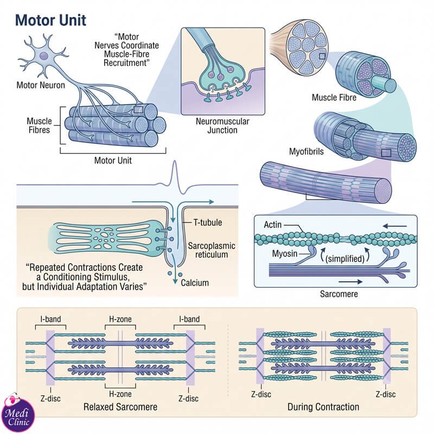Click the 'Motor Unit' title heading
[x=50, y=20]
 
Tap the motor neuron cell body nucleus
[x=44, y=56]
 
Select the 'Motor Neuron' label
[x=41, y=85]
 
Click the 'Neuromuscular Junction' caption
[x=222, y=126]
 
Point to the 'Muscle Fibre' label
[x=334, y=98]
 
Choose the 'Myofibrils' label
[x=306, y=151]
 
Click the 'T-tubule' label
[x=208, y=222]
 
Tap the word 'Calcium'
[x=195, y=283]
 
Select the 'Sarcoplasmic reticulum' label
[x=212, y=250]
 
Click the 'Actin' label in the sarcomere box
[x=273, y=225]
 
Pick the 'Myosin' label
[x=284, y=253]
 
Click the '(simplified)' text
[x=345, y=259]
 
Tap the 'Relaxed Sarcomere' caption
[x=120, y=407]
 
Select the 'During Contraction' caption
[x=323, y=407]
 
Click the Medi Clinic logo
[x=18, y=413]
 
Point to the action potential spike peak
[x=174, y=161]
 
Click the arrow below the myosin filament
[x=350, y=282]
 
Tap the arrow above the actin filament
[x=395, y=226]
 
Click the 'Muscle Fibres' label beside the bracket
[x=39, y=125]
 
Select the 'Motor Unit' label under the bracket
[x=113, y=160]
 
